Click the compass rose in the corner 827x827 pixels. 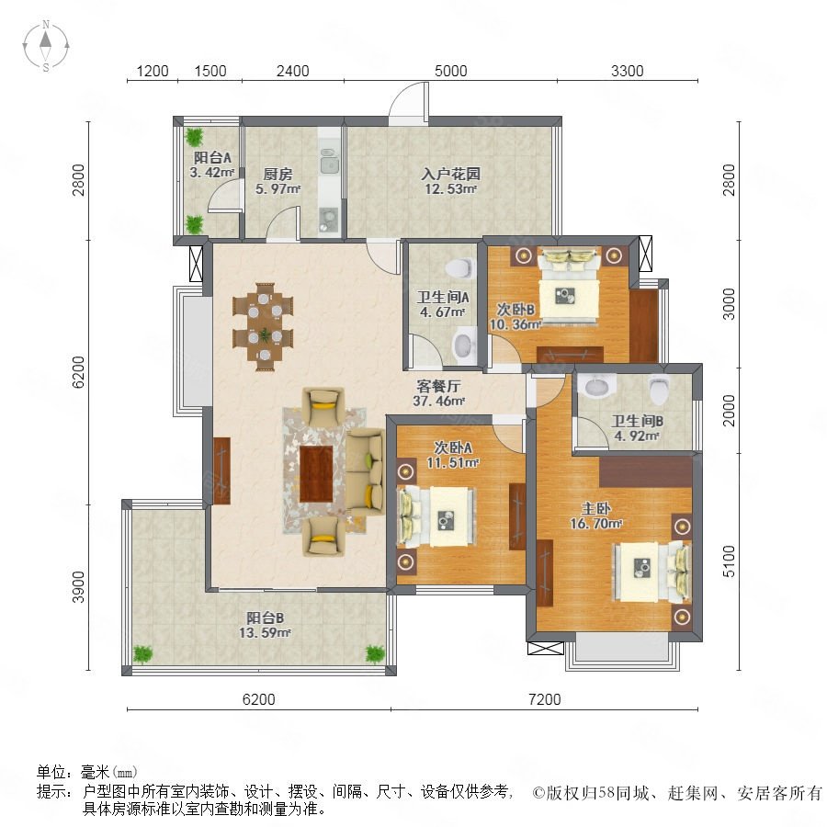pos(46,46)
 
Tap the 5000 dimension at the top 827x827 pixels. pos(450,71)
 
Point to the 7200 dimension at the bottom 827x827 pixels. pos(544,699)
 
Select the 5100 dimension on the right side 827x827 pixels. pos(729,561)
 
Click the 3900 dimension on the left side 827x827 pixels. pos(78,586)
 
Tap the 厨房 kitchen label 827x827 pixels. pos(278,174)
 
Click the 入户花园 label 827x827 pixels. pos(451,174)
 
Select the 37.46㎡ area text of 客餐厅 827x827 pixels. pos(439,401)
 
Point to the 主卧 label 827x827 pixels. pos(596,508)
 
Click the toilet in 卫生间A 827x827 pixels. pos(459,267)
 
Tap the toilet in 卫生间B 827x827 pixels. pos(659,389)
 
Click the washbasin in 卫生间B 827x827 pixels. pos(600,384)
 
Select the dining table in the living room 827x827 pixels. pos(263,327)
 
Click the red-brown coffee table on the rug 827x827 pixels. pos(316,473)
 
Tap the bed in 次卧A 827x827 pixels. pos(436,516)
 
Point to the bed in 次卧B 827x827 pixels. pos(569,286)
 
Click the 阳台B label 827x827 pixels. pos(266,617)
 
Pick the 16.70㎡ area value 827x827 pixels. pos(596,524)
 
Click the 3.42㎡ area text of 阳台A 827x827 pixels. pos(212,172)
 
